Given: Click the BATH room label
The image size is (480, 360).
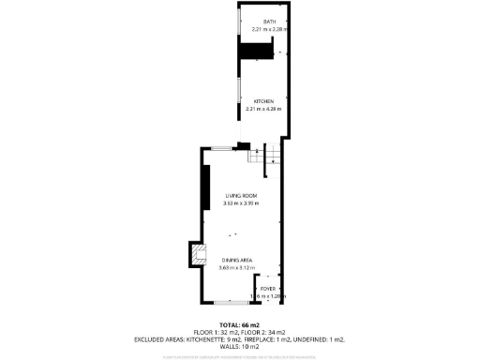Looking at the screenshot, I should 269,22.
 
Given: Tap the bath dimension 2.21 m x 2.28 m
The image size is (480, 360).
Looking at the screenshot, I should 268,29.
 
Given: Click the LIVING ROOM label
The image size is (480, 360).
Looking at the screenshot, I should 240,195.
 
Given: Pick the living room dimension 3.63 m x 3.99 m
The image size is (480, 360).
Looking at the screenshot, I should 240,203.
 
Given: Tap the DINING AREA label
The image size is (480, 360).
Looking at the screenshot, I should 236,260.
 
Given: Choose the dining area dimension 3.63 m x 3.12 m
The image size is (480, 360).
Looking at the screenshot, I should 236,268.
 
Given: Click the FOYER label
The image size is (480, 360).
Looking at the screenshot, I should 267,289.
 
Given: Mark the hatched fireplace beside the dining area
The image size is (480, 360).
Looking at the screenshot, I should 196,254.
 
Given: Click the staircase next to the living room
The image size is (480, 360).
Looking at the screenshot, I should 260,156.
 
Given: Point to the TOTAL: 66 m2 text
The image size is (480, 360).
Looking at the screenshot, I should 240,324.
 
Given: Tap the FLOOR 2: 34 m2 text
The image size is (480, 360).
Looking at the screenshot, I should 271,332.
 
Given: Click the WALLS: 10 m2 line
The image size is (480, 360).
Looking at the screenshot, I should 240,347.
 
